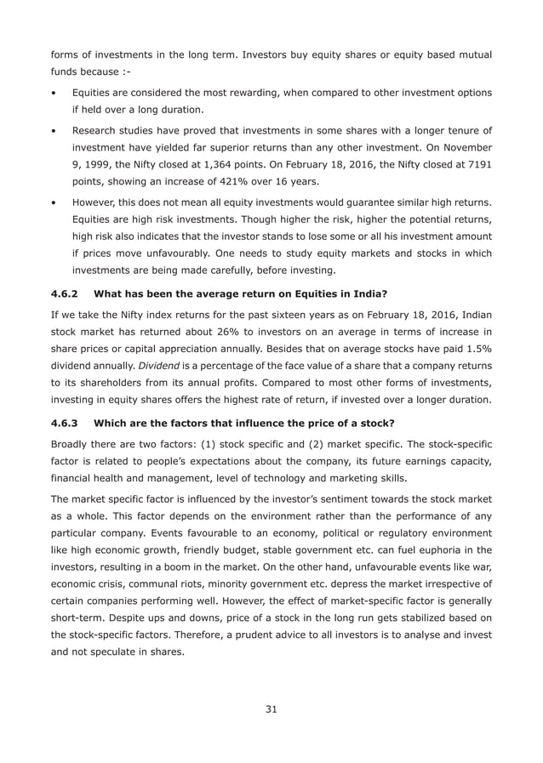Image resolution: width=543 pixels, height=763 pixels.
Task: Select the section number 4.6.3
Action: point(65,422)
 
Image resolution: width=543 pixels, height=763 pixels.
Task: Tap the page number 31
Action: point(271,709)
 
